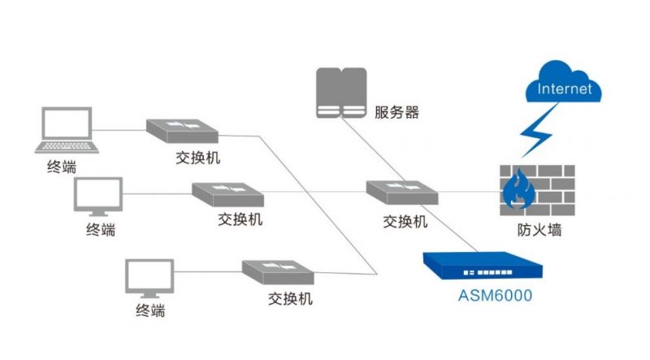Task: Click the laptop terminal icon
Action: tap(67, 130)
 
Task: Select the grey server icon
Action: tap(341, 93)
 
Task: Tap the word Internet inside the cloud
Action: tap(563, 89)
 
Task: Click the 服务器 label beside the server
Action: tap(397, 112)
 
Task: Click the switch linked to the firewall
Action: tap(402, 192)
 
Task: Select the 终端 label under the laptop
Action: tap(62, 167)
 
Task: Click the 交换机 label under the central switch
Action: tap(405, 222)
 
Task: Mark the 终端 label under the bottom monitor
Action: tap(150, 310)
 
